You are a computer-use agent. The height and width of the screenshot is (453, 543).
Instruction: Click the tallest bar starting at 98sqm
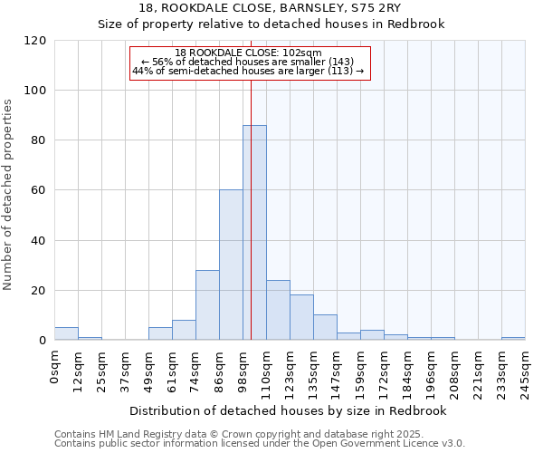click(254, 233)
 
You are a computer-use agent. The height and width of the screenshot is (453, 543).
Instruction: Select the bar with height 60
click(231, 265)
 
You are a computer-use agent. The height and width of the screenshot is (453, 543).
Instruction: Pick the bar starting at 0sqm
click(66, 333)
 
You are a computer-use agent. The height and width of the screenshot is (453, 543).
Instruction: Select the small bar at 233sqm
click(513, 339)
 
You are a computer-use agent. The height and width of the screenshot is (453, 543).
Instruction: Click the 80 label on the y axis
click(40, 140)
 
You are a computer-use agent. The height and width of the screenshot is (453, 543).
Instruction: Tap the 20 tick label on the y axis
click(40, 291)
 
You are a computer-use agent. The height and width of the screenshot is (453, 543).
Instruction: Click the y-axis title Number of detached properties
click(9, 196)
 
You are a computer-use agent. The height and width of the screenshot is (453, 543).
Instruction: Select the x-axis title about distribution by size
click(290, 411)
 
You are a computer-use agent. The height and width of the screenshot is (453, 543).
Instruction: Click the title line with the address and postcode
click(271, 8)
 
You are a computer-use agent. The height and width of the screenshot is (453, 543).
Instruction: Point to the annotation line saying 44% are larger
click(248, 71)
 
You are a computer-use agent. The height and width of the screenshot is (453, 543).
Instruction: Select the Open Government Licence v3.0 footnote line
click(260, 444)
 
